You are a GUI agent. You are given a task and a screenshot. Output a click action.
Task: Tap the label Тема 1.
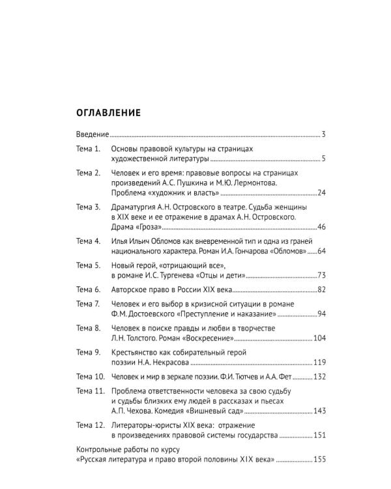[x=88, y=149]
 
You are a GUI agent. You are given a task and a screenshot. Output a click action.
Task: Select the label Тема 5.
[x=88, y=265]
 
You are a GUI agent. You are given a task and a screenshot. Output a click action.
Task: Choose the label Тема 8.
[x=88, y=328]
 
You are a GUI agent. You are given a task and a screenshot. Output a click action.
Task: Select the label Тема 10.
[x=90, y=376]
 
